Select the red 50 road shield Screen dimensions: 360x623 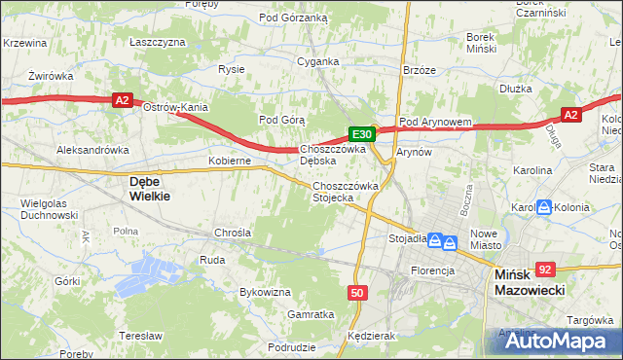point(357,292)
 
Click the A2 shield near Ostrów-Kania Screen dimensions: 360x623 point(121,99)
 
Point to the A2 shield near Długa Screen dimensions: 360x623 point(570,115)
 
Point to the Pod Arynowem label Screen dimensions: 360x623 point(435,122)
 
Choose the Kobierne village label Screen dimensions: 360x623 point(231,160)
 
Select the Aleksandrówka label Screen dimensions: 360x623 point(93,151)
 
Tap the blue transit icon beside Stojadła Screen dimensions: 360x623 point(440,239)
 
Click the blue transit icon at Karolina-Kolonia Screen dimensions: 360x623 point(545,207)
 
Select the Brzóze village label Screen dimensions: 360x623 point(420,70)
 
